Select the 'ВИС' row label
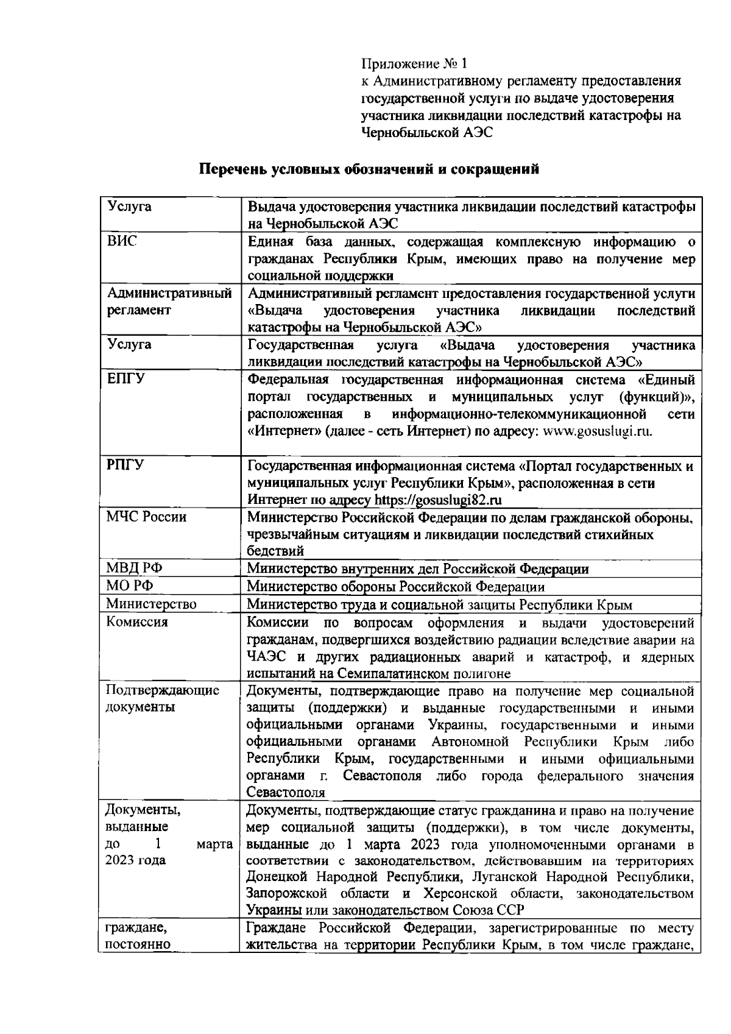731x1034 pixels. pyautogui.click(x=122, y=241)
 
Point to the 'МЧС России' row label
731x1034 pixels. pyautogui.click(x=146, y=517)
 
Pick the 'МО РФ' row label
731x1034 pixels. pyautogui.click(x=130, y=586)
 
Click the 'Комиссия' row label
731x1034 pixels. pyautogui.click(x=137, y=622)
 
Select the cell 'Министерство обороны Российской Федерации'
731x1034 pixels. pyautogui.click(x=395, y=587)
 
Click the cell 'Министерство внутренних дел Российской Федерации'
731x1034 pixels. pyautogui.click(x=418, y=569)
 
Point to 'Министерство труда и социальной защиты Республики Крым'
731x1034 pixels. pyautogui.click(x=439, y=604)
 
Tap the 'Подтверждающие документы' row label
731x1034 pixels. pyautogui.click(x=162, y=699)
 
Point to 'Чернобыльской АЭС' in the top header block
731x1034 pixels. pyautogui.click(x=426, y=132)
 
